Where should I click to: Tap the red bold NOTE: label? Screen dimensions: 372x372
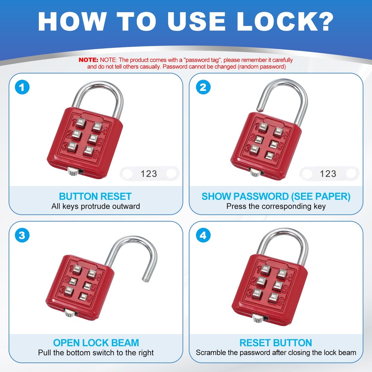pyautogui.click(x=88, y=60)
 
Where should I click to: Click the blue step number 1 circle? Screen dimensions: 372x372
pyautogui.click(x=22, y=87)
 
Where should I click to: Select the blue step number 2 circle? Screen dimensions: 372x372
pyautogui.click(x=203, y=87)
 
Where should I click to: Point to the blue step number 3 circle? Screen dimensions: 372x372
pyautogui.click(x=22, y=235)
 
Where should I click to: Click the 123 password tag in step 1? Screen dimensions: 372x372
pyautogui.click(x=149, y=173)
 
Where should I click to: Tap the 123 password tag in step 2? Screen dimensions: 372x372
pyautogui.click(x=328, y=173)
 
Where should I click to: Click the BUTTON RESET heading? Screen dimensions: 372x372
pyautogui.click(x=95, y=196)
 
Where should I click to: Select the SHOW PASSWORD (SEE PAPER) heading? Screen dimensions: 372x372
pyautogui.click(x=276, y=196)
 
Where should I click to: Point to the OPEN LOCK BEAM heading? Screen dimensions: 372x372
pyautogui.click(x=96, y=343)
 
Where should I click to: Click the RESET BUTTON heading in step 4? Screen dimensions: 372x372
pyautogui.click(x=276, y=343)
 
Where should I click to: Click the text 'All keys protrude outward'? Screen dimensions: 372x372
pyautogui.click(x=96, y=206)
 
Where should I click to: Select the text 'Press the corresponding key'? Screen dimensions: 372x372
pyautogui.click(x=276, y=206)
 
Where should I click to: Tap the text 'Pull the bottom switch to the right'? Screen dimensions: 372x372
pyautogui.click(x=96, y=352)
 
